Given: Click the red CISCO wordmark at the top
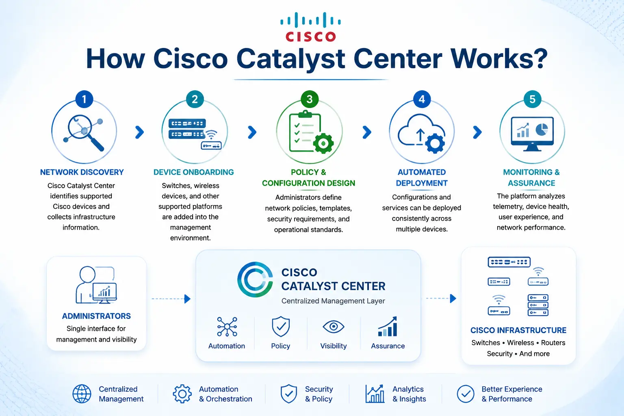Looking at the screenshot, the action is [x=311, y=37].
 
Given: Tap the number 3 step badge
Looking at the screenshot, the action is [x=310, y=99].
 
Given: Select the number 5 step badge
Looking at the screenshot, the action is [x=532, y=99].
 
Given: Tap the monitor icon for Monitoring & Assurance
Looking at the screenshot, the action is [x=532, y=134].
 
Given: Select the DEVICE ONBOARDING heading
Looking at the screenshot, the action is [x=194, y=172].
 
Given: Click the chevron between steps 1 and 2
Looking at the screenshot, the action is [x=139, y=132].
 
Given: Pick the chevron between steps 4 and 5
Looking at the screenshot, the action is [x=477, y=132].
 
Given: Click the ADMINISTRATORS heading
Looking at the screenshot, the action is [x=96, y=316].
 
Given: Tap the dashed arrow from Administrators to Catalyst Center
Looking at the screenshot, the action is [x=171, y=299].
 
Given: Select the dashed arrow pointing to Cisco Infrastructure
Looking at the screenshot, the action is [x=441, y=299].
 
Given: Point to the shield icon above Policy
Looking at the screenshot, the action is [x=281, y=326].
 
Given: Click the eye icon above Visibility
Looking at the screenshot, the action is [x=334, y=327].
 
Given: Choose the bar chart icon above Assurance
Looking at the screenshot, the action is [x=388, y=326].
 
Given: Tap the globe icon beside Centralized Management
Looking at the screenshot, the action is [x=82, y=394].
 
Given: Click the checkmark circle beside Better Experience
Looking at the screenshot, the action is [x=466, y=394].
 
